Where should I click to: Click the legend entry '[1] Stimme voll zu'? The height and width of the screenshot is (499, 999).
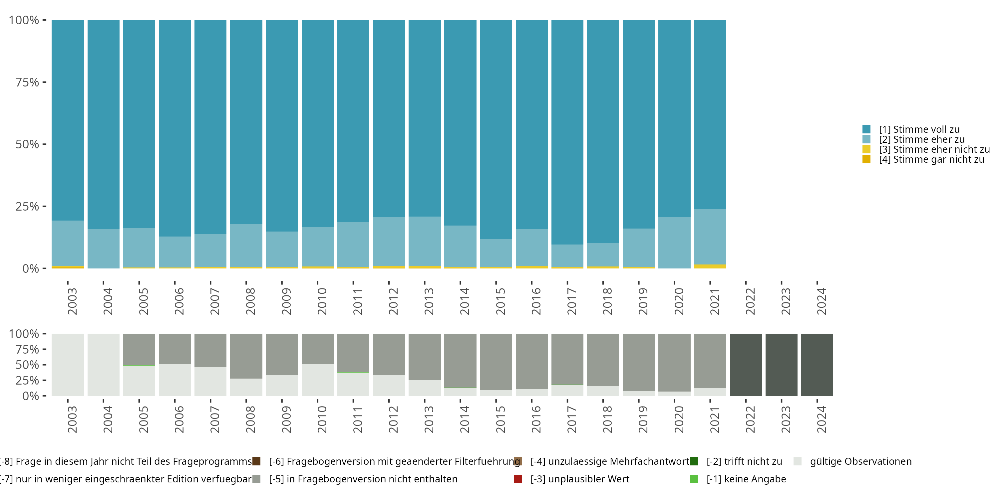(919, 129)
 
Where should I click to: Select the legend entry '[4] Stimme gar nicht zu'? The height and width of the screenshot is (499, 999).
(931, 160)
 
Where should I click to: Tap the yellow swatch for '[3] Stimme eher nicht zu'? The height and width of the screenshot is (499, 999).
(866, 150)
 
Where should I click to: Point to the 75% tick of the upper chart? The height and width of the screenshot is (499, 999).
(44, 82)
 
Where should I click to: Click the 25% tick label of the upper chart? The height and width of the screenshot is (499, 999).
(27, 207)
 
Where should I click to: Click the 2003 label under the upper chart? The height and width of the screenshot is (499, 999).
(72, 301)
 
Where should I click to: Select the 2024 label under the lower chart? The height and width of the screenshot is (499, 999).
(822, 419)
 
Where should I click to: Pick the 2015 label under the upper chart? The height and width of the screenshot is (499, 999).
(500, 301)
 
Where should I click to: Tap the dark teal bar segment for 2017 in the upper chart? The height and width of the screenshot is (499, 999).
(567, 132)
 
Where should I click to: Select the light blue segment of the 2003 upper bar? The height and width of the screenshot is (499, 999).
(68, 243)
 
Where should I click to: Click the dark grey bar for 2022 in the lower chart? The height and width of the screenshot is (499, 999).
(746, 365)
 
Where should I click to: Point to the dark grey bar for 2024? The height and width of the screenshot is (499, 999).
(817, 365)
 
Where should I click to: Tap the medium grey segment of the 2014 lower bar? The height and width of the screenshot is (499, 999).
(460, 360)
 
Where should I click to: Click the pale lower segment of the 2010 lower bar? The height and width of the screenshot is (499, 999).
(318, 380)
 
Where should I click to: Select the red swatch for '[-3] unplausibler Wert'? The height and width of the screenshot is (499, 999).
(518, 479)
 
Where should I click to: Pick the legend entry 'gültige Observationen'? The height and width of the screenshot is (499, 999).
(860, 461)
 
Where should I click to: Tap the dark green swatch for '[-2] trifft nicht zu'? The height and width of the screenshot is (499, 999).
(694, 461)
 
